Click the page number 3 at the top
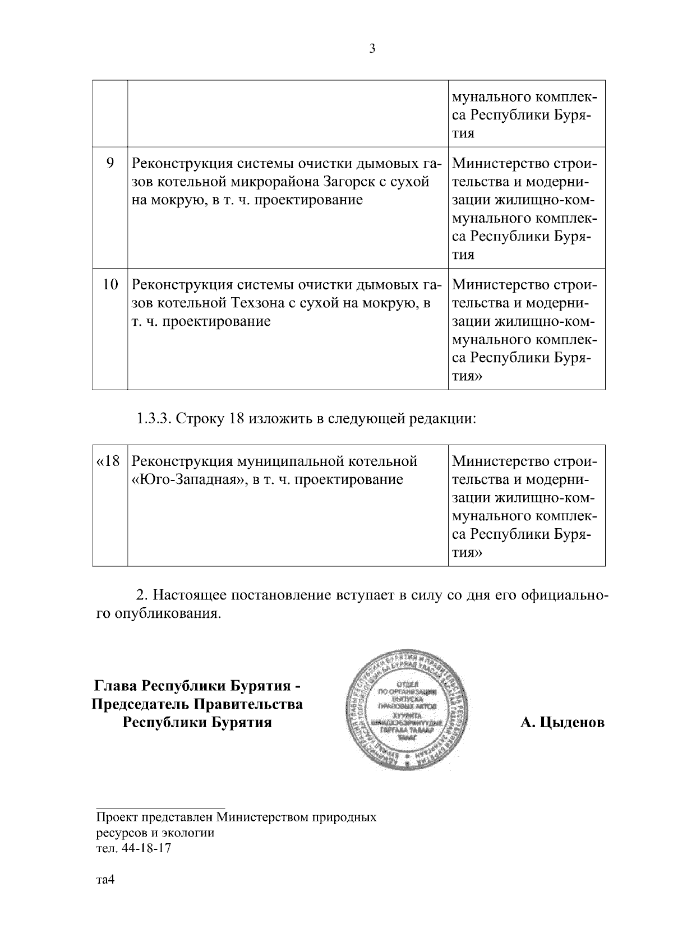372,49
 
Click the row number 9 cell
110,163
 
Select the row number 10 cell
110,285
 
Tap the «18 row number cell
109,461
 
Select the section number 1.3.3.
154,419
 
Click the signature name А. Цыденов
562,723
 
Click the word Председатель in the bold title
141,704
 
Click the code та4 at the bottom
105,880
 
